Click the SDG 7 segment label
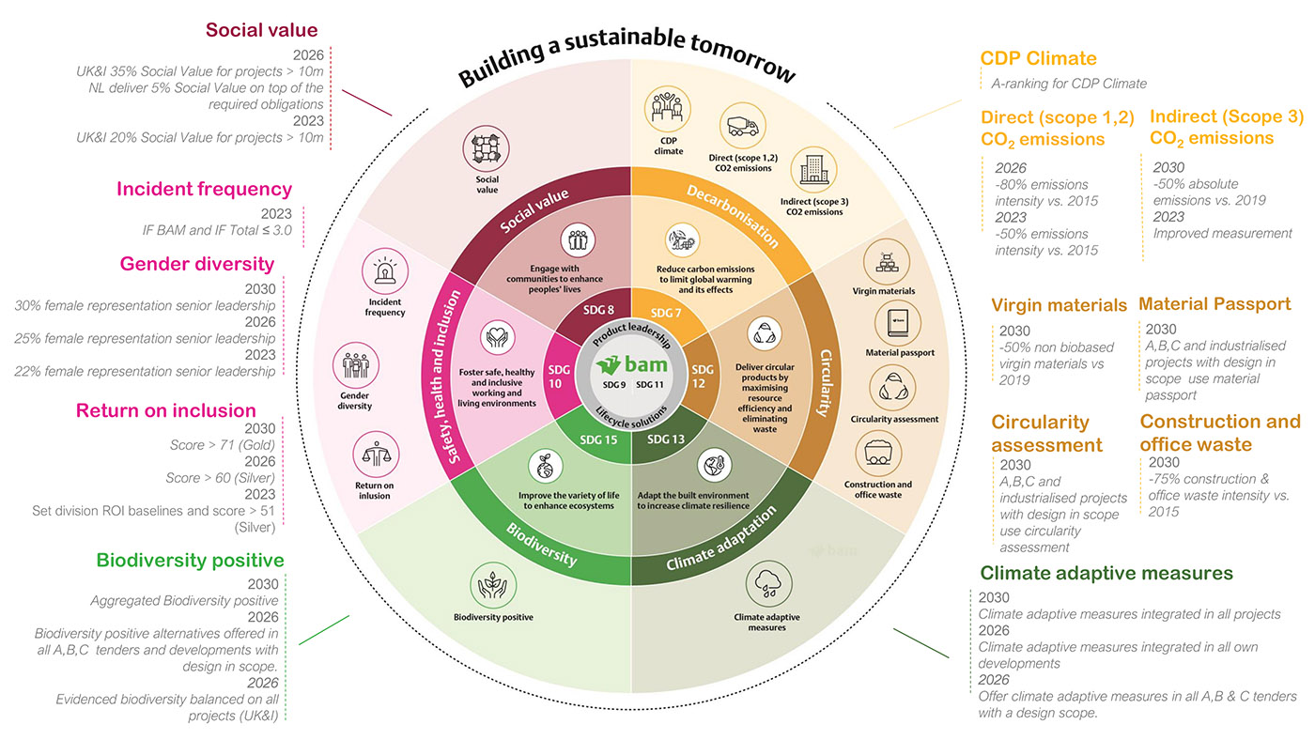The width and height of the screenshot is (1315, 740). coord(665,312)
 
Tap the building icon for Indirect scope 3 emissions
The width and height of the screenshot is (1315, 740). coord(812,171)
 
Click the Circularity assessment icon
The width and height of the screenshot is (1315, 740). coord(893,387)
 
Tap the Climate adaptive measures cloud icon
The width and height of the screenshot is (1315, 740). coord(766,585)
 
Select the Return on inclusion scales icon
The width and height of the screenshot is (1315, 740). coord(374,456)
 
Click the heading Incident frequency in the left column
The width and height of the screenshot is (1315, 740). coord(204,189)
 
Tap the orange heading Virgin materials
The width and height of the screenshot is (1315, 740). coord(1059,305)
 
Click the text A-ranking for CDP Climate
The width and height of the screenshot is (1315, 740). coord(1069,84)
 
